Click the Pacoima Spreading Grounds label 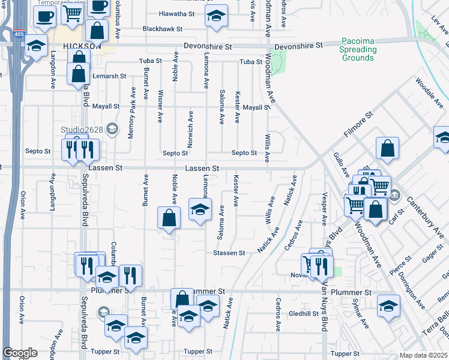(358, 49)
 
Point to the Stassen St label (229, 253)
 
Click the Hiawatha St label (177, 13)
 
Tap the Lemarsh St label (109, 76)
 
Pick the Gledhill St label (303, 314)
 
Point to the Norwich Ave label (190, 130)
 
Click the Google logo (20, 353)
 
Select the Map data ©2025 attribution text (423, 355)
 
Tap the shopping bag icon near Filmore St (388, 149)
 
